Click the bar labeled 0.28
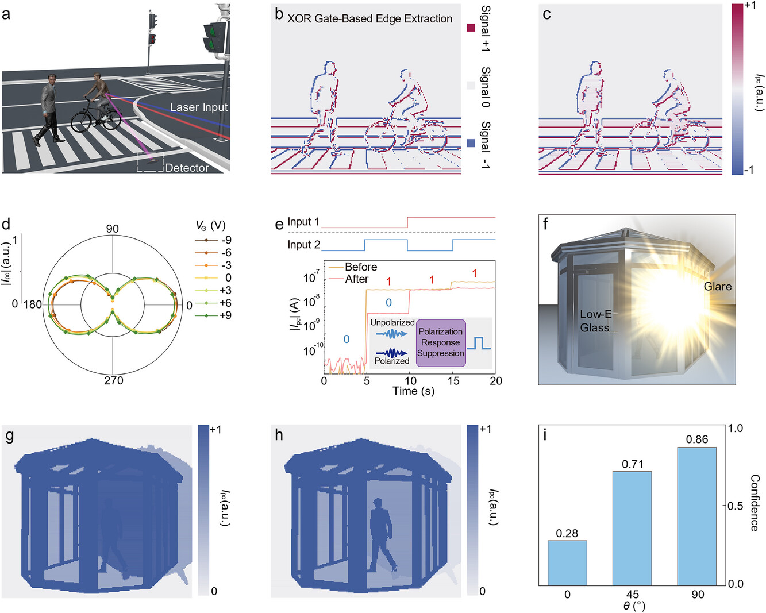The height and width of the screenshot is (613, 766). coord(567,562)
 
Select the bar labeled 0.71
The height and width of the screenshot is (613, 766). coord(632,528)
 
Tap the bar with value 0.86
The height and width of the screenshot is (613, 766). coord(697,516)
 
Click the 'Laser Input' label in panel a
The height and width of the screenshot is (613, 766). coord(199,107)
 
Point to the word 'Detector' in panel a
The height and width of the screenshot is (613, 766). coord(187,168)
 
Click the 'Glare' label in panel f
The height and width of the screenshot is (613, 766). coord(718,286)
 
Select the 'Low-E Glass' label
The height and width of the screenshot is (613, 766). coord(595,321)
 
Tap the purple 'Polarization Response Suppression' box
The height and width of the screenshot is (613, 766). coord(441,343)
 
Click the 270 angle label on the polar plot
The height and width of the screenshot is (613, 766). coord(114,380)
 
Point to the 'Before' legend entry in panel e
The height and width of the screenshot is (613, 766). coord(361,267)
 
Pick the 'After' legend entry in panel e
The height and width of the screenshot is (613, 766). coord(356,279)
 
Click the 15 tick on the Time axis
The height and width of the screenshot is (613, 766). coord(453,381)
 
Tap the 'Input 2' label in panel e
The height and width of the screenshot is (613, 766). coord(304,245)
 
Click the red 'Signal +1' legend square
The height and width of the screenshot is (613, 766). coord(471,28)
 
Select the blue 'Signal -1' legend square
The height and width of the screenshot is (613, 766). coord(471,143)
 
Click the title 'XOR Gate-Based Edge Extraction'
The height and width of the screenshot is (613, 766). coord(370,18)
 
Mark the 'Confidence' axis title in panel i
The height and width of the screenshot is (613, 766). coord(755,503)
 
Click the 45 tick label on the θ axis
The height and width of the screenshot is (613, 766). coord(633,594)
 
